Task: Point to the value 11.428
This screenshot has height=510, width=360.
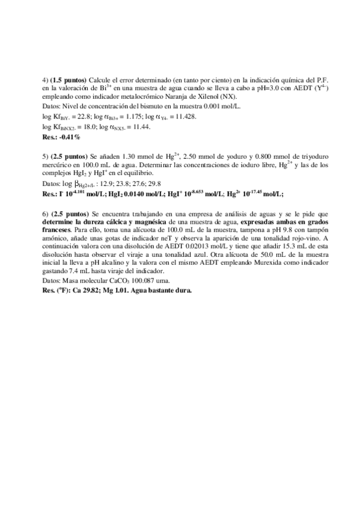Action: [183, 117]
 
